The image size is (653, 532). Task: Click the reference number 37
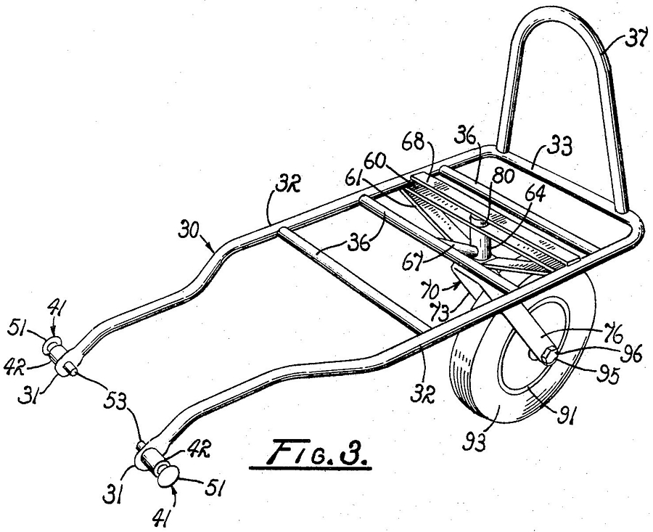point(636,41)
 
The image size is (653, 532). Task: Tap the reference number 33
point(558,146)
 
